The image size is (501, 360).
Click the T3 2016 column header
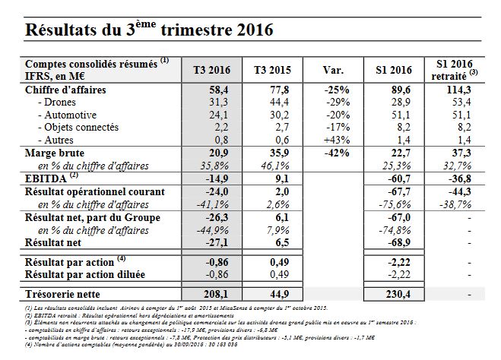point(211,70)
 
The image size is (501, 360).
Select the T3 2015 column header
point(272,70)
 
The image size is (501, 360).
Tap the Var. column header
point(333,70)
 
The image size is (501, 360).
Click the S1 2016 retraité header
point(455,70)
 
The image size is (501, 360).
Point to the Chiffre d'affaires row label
point(65,90)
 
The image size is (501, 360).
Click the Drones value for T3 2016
point(218,102)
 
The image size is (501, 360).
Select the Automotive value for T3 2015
point(279,115)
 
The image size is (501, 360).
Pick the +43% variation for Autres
point(337,140)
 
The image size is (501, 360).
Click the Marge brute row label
point(55,153)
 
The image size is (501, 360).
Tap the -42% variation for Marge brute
point(337,153)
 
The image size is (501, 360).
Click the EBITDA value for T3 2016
point(217,178)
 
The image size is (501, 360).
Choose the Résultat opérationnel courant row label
point(95,191)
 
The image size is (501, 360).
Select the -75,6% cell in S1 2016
point(395,204)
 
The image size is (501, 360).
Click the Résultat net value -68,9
point(399,242)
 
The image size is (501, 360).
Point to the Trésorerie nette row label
point(62,294)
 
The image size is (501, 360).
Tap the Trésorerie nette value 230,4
point(398,294)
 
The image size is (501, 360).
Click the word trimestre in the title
point(196,30)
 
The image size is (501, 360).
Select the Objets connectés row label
point(78,128)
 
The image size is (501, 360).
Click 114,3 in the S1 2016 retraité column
point(459,90)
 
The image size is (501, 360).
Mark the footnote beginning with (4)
point(131,345)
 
